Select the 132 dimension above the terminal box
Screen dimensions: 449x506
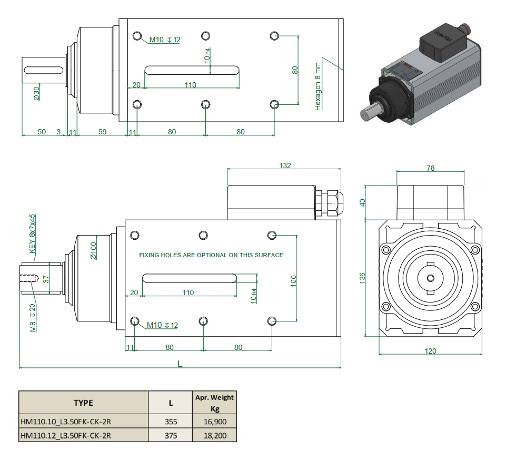(x=284, y=165)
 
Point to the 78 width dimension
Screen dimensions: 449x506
(x=430, y=168)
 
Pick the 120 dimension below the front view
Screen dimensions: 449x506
(x=430, y=351)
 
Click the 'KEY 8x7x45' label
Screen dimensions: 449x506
(x=32, y=230)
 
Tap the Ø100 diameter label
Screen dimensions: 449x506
(x=94, y=250)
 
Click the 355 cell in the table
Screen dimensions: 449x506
(x=171, y=422)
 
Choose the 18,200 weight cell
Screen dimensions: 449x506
(x=214, y=435)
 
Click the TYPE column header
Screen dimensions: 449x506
(x=83, y=403)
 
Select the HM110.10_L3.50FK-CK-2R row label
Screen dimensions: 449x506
(x=65, y=422)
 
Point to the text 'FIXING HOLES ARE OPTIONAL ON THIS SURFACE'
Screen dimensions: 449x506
(x=211, y=255)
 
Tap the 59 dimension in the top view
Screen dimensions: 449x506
(x=102, y=132)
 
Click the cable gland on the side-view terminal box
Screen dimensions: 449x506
(x=328, y=202)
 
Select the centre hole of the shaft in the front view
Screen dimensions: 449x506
(x=430, y=278)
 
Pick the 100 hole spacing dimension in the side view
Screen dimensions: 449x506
(x=293, y=279)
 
